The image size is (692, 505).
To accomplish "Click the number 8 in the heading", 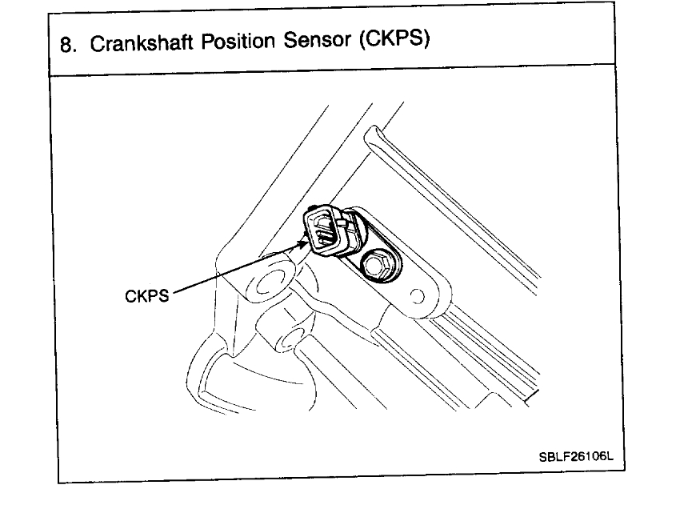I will [x=66, y=43].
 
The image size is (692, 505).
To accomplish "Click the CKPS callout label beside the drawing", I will [x=146, y=296].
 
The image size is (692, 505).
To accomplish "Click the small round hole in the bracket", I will [x=417, y=298].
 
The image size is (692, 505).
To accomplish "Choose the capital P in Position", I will [x=206, y=42].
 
